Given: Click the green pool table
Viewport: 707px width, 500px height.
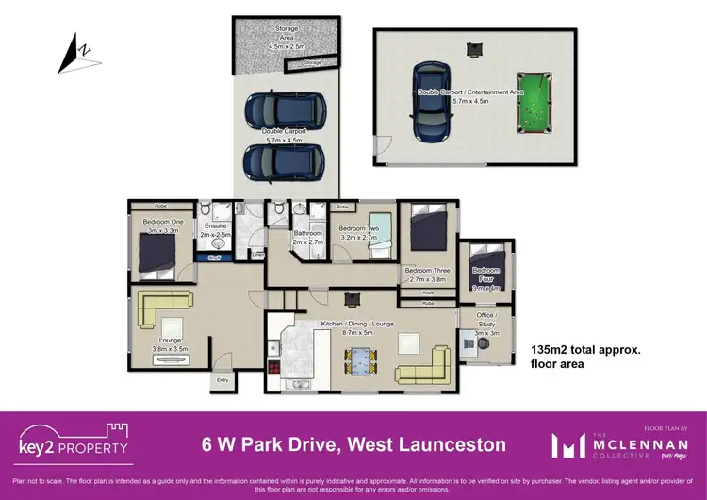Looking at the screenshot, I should (536, 101).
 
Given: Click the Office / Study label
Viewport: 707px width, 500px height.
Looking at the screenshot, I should (487, 315).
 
